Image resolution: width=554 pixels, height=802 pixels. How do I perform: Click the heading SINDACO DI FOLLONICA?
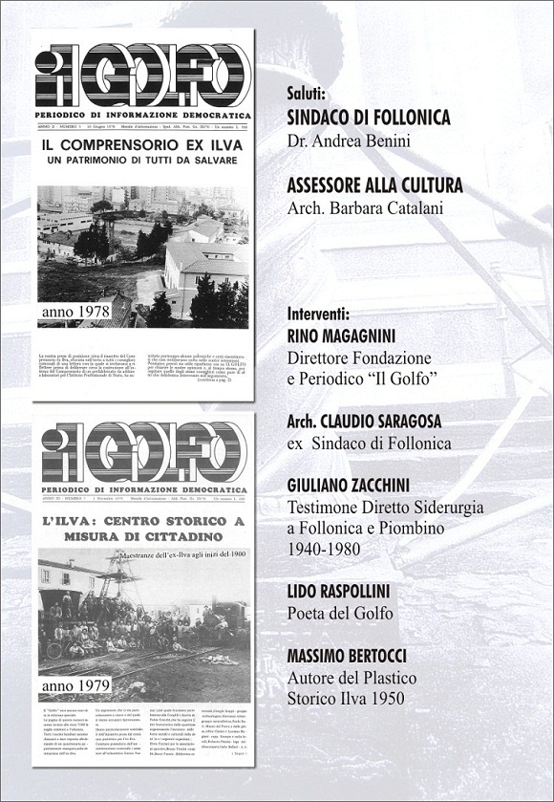[x=368, y=117]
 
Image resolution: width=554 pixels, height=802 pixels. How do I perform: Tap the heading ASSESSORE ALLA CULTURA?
[x=374, y=185]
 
